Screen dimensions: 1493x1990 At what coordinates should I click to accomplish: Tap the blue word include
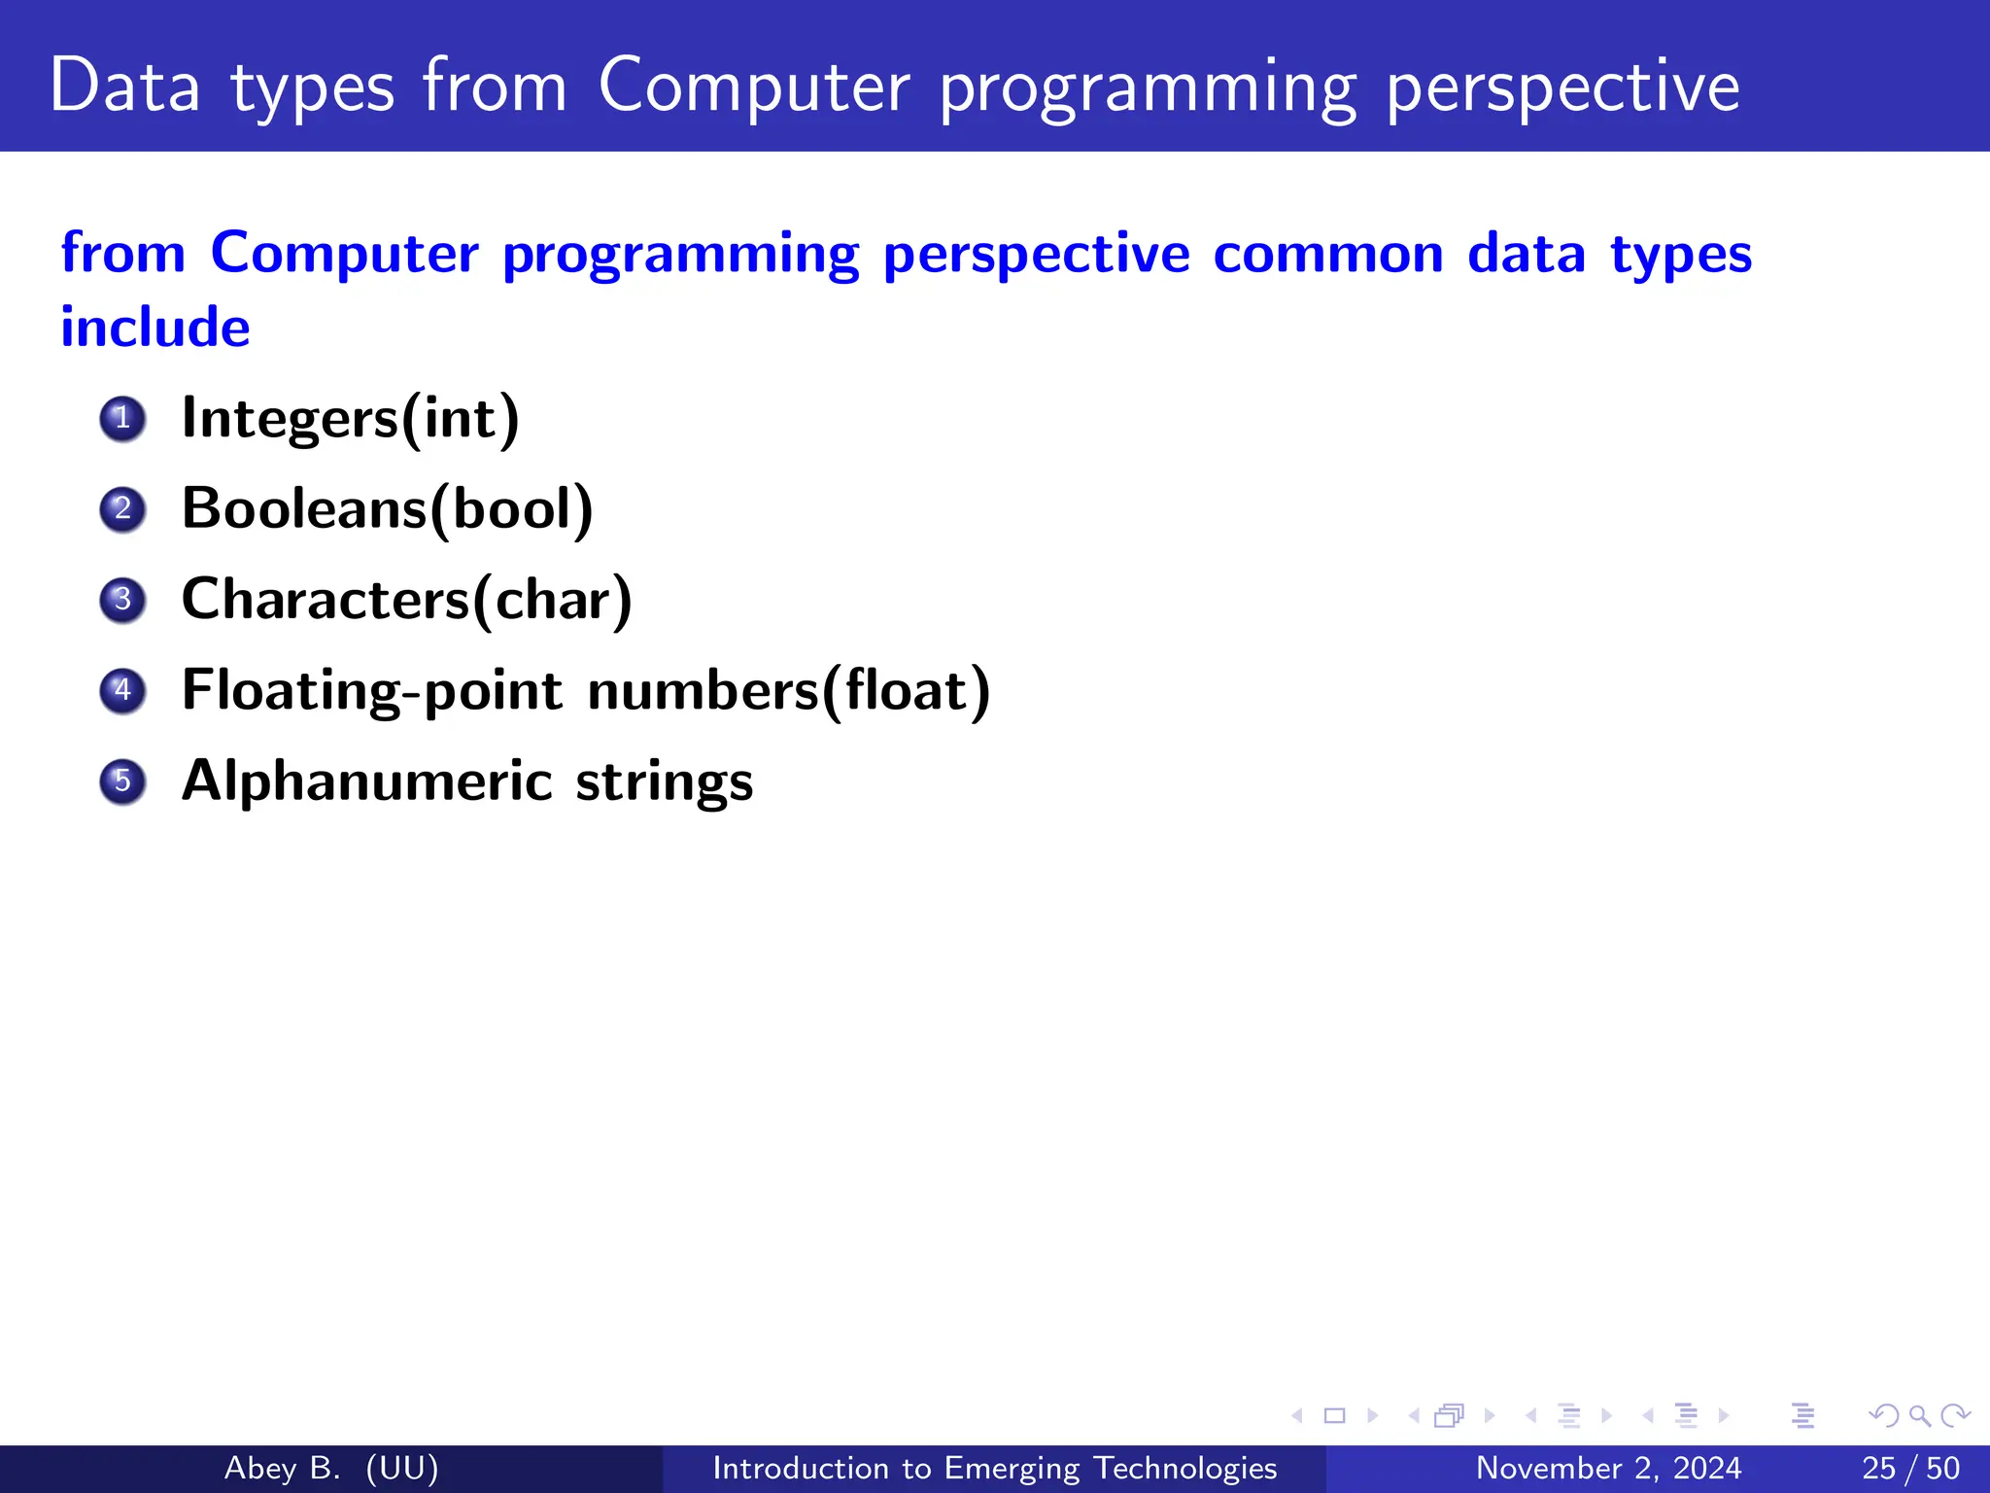tap(155, 327)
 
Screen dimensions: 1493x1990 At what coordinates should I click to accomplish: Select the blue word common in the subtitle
tap(1327, 254)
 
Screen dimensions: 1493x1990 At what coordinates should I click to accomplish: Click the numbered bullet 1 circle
tap(122, 419)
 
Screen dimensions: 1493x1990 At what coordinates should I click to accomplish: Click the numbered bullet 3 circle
tap(122, 600)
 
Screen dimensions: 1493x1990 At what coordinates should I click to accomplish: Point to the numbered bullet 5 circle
tap(122, 781)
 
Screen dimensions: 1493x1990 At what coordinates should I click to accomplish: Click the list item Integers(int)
tap(350, 419)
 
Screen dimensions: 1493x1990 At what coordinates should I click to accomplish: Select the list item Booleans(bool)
tap(387, 509)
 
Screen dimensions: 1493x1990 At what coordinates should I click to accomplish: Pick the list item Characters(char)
tap(406, 600)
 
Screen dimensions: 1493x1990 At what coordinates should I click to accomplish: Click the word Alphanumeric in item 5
tap(367, 781)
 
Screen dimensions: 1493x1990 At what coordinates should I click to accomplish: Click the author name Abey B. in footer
tap(282, 1468)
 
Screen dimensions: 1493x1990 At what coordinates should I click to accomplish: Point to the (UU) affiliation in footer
tap(402, 1468)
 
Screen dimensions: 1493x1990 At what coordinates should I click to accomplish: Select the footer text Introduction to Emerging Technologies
tap(994, 1468)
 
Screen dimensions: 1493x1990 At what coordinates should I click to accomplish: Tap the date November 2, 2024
tap(1608, 1468)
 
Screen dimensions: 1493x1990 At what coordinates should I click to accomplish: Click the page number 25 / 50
tap(1910, 1468)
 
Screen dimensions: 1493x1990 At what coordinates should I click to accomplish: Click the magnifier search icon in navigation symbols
tap(1919, 1415)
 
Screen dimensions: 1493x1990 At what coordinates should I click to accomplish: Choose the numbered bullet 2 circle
tap(122, 509)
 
